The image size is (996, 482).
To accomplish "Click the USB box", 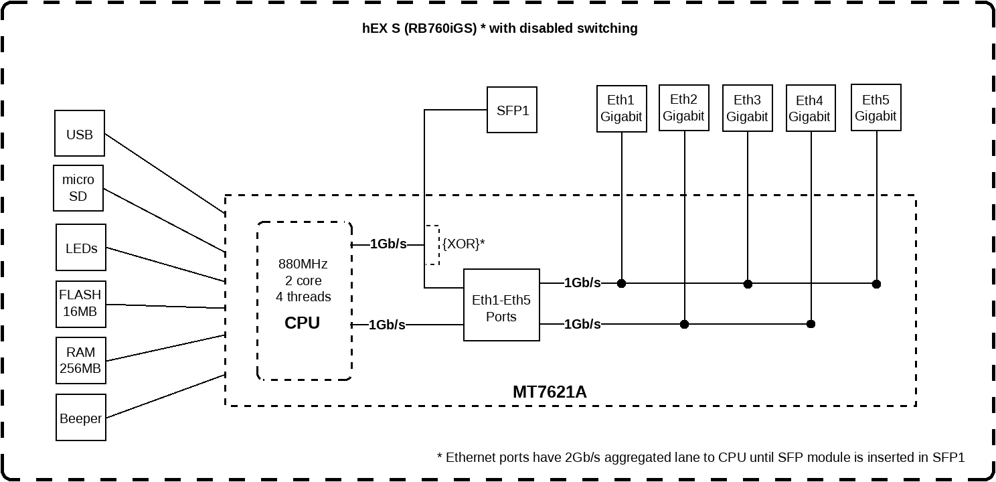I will (80, 134).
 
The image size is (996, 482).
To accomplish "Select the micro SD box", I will (78, 188).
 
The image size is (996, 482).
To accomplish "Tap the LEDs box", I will (81, 248).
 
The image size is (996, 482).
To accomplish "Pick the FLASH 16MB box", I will (80, 303).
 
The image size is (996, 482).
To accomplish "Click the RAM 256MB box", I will (80, 360).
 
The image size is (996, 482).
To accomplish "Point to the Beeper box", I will (81, 418).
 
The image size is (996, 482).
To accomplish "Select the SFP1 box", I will (512, 110).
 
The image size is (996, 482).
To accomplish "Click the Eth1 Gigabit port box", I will (622, 108).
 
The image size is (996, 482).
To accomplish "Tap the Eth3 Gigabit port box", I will (747, 108).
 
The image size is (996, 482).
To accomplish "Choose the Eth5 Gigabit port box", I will (876, 107).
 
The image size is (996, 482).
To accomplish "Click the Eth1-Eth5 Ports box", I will (501, 308).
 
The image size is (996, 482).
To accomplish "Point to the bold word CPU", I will (303, 323).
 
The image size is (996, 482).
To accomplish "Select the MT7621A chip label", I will (550, 392).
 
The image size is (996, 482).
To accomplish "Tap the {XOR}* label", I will (463, 244).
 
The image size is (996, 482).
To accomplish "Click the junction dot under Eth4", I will (811, 324).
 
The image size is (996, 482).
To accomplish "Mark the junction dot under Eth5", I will (876, 284).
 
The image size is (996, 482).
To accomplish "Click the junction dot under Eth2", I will (684, 324).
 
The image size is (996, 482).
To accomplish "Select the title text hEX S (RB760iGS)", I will (419, 28).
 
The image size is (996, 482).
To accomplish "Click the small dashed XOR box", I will (432, 245).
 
